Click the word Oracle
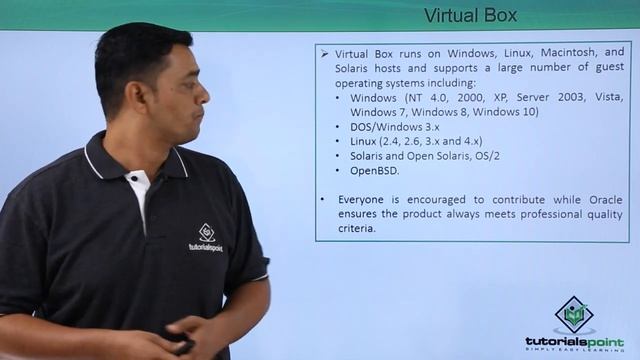(602, 199)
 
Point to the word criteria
(355, 228)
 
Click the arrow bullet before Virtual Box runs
(325, 52)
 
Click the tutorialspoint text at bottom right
(574, 341)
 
